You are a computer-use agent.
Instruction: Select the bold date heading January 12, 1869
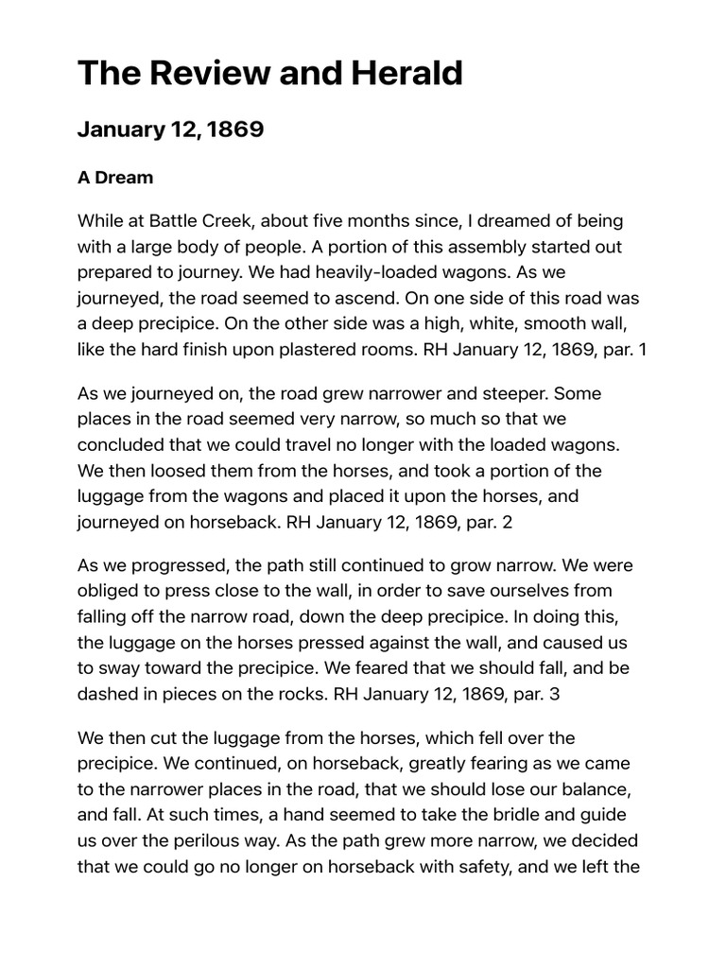point(170,130)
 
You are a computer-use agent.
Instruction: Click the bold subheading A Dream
point(115,178)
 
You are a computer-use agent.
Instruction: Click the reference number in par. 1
point(642,350)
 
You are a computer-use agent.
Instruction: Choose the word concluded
point(120,444)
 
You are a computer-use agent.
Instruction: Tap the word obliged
point(109,591)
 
